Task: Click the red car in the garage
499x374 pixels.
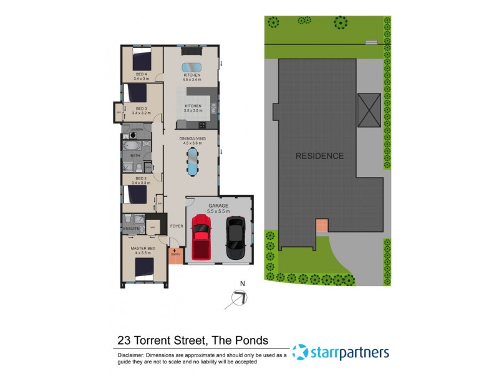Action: pyautogui.click(x=201, y=237)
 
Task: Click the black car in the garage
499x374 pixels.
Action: pyautogui.click(x=235, y=238)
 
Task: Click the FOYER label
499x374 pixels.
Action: pyautogui.click(x=177, y=226)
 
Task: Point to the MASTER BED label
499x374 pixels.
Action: pyautogui.click(x=142, y=249)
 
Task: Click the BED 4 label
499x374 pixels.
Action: pyautogui.click(x=142, y=75)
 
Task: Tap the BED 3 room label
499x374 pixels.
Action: pyautogui.click(x=142, y=109)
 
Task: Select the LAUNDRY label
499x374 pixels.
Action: pyautogui.click(x=137, y=129)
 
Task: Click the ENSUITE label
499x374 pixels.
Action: pyautogui.click(x=131, y=229)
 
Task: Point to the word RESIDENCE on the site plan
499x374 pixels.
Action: pyautogui.click(x=319, y=156)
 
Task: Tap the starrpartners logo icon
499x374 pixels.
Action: pyautogui.click(x=300, y=352)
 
